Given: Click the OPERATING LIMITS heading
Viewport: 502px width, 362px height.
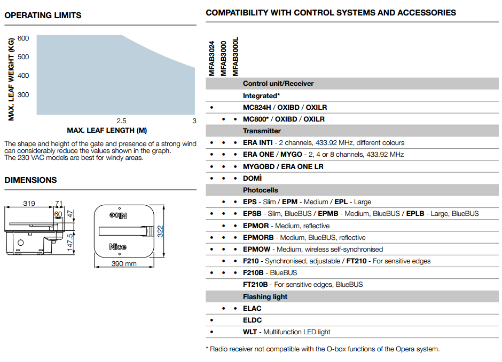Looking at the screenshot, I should pos(43,15).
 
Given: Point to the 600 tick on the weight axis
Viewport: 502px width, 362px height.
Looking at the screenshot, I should pos(23,38).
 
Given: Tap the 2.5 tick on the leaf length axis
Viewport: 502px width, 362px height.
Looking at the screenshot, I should pos(121,121).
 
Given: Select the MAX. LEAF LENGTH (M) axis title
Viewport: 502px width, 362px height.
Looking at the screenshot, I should pos(107,131).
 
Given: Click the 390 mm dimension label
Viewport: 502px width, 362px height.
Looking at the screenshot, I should pos(123,264).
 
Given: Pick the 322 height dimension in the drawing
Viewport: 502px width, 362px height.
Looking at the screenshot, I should pos(160,231).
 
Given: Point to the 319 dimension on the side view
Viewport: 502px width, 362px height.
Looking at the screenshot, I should pos(29,204).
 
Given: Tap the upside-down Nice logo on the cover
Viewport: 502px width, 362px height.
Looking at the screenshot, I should pos(119,215).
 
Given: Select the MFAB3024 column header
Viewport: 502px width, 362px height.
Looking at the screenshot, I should pos(211,59).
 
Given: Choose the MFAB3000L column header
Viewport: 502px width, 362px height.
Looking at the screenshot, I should pos(236,56).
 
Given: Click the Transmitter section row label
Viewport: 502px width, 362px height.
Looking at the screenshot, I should pos(262,131).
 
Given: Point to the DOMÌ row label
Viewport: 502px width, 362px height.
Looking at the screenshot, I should pos(253,178).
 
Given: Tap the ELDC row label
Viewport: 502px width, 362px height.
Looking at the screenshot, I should pos(252,320).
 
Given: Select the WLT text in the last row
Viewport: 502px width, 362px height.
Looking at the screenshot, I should pos(250,332).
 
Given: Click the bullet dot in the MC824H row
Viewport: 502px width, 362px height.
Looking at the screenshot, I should pos(211,108).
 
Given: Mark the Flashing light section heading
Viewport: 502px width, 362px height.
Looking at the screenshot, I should pos(265,297).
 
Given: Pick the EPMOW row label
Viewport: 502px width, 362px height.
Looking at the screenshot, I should pos(257,250).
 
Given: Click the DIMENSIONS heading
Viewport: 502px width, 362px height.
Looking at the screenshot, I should pos(30,180).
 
